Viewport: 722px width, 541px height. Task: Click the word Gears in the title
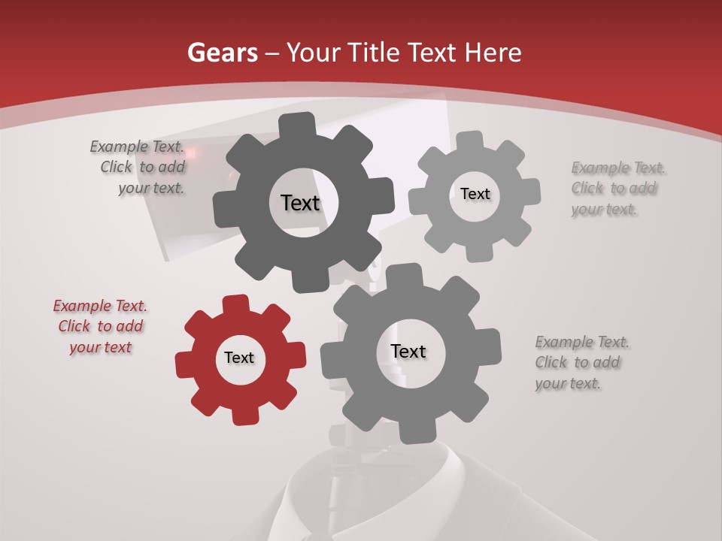(x=222, y=53)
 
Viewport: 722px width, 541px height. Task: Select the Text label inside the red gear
(x=239, y=358)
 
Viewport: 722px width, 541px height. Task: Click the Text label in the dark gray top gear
(x=300, y=203)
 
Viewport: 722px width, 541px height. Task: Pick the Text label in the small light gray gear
(x=475, y=194)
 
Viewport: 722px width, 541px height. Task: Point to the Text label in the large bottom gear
(x=408, y=352)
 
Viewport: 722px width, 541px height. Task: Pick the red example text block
(x=100, y=327)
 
